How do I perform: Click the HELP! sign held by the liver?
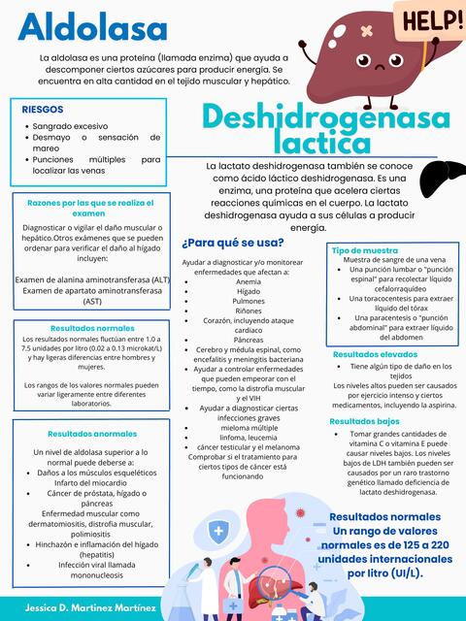[x=426, y=18]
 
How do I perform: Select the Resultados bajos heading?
[x=364, y=421]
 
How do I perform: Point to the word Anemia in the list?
[x=249, y=280]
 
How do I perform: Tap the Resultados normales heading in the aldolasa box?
[x=92, y=328]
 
